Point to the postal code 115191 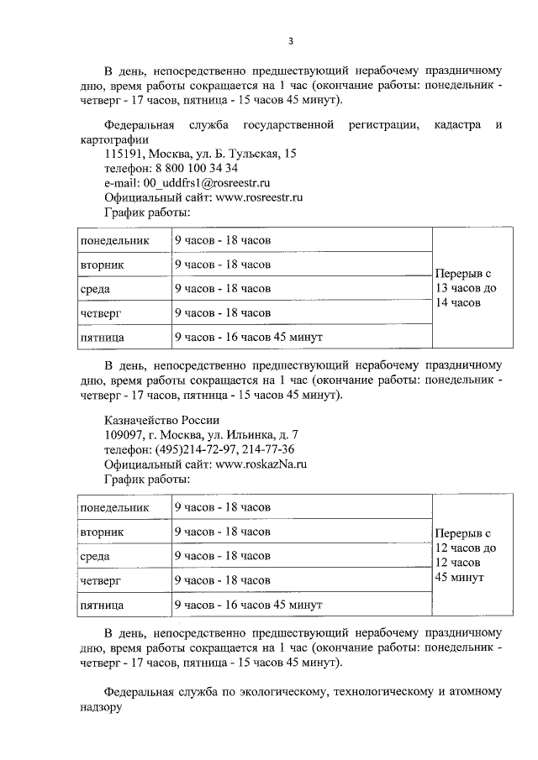pyautogui.click(x=124, y=154)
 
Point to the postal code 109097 pyautogui.click(x=124, y=434)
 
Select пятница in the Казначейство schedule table pyautogui.click(x=103, y=604)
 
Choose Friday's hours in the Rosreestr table pyautogui.click(x=248, y=337)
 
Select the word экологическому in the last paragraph pyautogui.click(x=277, y=693)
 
